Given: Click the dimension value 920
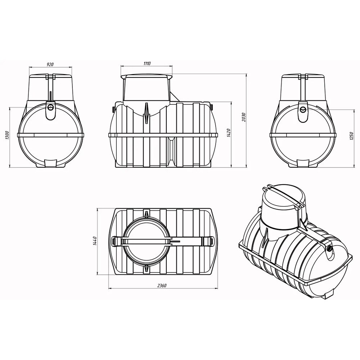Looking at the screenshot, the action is (50, 64).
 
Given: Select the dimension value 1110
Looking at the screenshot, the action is (147, 63).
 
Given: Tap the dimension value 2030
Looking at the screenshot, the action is (244, 117).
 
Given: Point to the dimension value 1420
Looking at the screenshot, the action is (229, 133).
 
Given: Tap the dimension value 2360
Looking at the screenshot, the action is (162, 285).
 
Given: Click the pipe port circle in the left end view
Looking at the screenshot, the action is (51, 107).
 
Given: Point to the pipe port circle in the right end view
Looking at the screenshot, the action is (303, 109).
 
